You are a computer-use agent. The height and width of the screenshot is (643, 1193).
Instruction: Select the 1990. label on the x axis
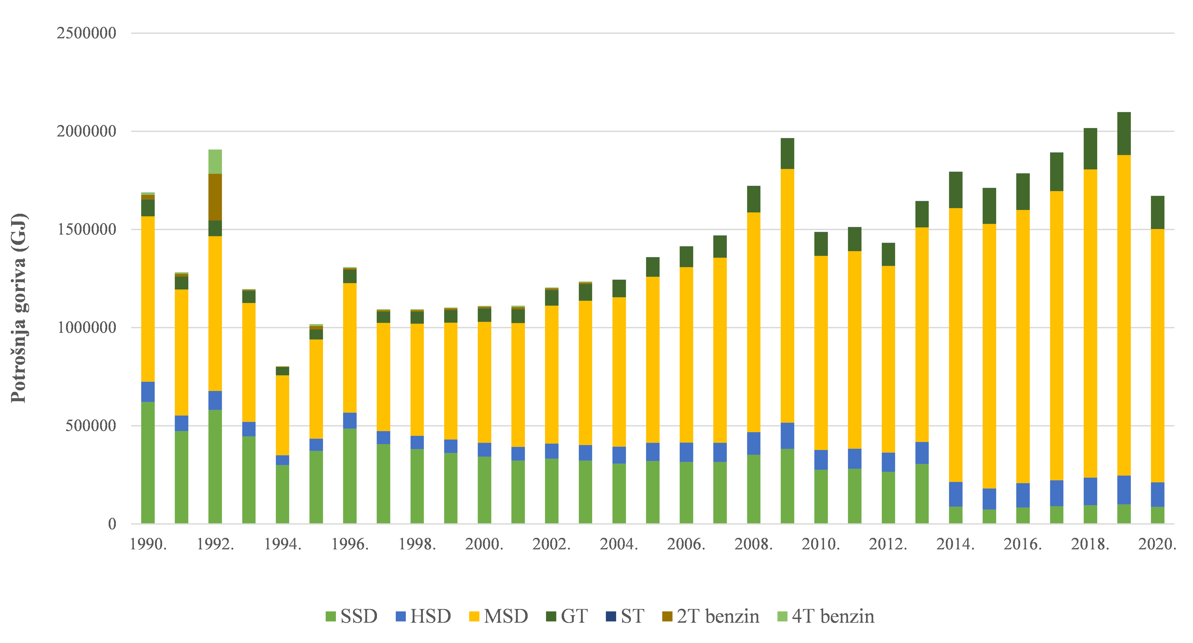coord(148,544)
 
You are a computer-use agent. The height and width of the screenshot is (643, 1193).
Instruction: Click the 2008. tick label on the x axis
coord(754,544)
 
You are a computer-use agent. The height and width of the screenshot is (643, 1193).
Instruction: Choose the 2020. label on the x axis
coord(1157,544)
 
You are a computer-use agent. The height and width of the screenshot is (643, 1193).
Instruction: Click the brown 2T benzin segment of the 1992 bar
coord(215,197)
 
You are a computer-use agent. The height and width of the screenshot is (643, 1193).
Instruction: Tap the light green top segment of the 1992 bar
coord(215,161)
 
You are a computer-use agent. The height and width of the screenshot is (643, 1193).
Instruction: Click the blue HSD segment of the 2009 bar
coord(787,436)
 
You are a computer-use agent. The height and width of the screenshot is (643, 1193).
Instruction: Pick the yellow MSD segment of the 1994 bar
coord(282,415)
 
